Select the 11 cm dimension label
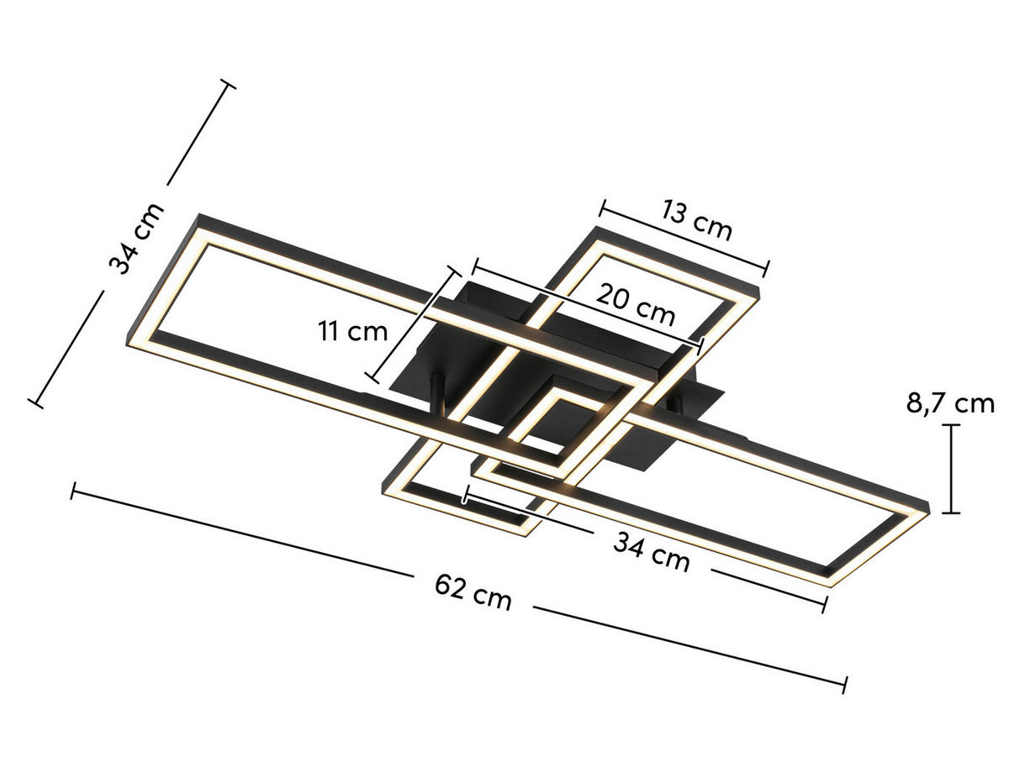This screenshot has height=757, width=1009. (x=353, y=331)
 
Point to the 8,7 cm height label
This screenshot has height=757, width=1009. (x=950, y=404)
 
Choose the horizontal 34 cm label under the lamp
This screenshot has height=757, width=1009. (x=652, y=554)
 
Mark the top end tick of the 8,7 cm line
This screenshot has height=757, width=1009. (x=951, y=426)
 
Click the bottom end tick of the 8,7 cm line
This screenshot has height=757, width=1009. (x=951, y=512)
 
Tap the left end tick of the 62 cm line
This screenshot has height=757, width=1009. (x=74, y=491)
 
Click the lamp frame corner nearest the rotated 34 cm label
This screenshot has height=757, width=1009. (x=200, y=220)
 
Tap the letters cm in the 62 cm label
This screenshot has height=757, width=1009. (x=492, y=598)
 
